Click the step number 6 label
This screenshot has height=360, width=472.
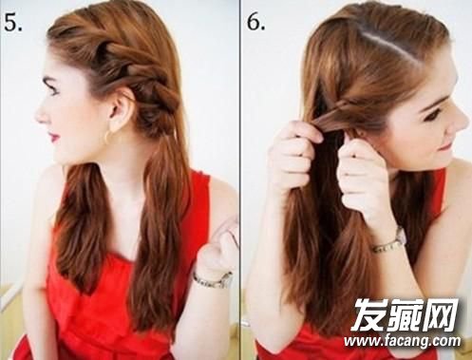tap(256, 21)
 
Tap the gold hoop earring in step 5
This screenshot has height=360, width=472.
tap(108, 137)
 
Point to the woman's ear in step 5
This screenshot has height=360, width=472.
tap(120, 107)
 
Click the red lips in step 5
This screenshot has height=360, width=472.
tap(53, 137)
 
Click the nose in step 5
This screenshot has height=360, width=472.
tap(41, 116)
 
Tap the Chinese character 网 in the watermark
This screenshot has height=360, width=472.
tap(442, 313)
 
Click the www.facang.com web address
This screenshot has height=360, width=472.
tap(403, 341)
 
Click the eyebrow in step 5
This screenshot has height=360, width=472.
tap(51, 83)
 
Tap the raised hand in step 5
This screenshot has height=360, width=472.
tap(218, 247)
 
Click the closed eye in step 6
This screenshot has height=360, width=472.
tap(435, 117)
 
